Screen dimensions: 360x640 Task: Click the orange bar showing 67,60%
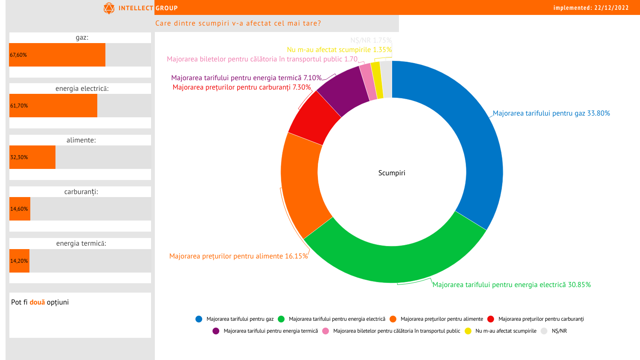point(57,55)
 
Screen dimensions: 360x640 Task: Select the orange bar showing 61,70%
point(53,105)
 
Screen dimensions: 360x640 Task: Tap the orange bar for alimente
point(32,157)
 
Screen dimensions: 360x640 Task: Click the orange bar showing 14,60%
point(20,209)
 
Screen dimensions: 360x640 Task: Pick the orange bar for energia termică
point(20,261)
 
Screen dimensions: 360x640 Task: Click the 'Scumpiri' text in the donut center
point(392,173)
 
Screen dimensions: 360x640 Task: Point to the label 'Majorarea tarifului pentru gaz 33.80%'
point(551,113)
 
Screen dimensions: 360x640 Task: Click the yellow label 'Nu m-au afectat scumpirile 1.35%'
point(339,50)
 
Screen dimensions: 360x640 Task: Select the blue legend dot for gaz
point(199,319)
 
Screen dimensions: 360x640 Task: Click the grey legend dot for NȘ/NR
point(544,331)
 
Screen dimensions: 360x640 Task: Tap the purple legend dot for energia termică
point(216,331)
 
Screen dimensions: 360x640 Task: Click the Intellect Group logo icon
point(109,8)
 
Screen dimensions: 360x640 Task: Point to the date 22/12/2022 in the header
point(611,8)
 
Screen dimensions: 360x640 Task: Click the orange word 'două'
point(37,302)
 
